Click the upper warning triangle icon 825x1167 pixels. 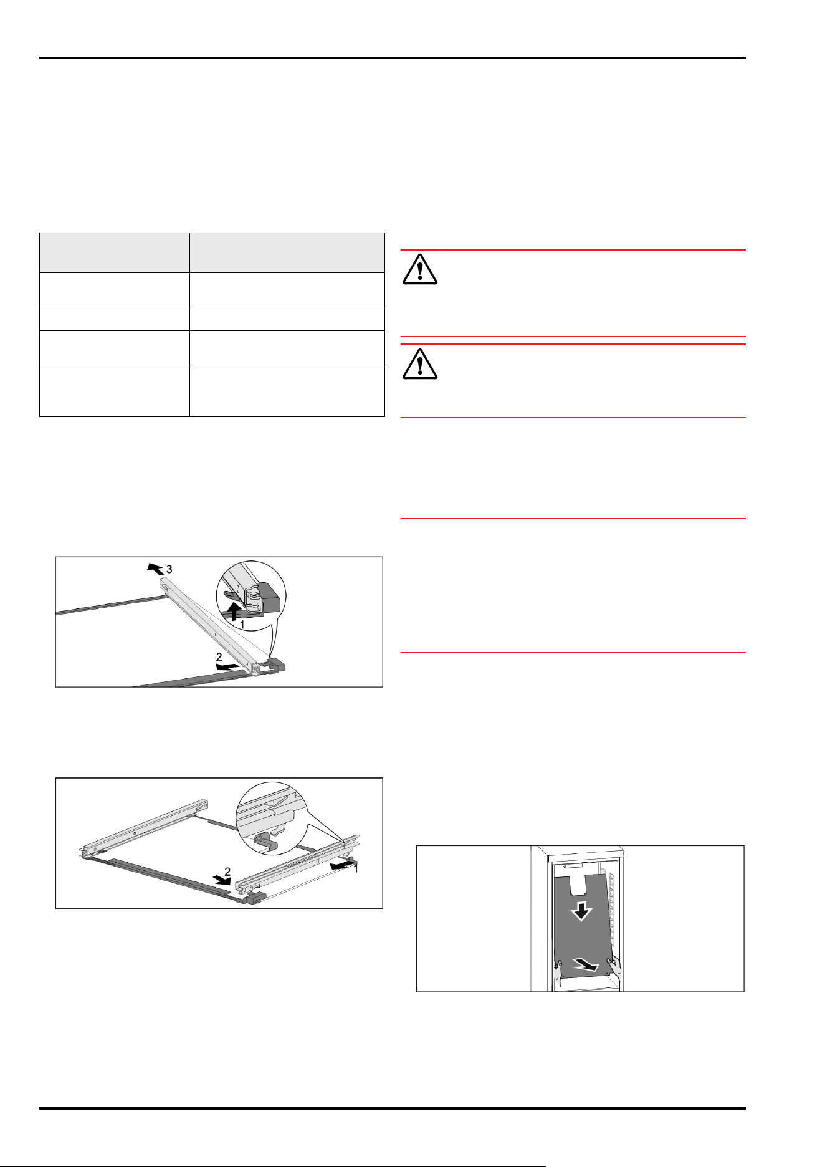(x=420, y=269)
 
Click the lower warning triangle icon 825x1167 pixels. (x=420, y=363)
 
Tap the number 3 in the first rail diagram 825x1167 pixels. (x=169, y=569)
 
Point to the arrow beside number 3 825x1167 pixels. (x=155, y=568)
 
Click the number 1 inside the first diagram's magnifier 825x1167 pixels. (x=242, y=623)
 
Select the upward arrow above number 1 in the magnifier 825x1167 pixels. (x=234, y=610)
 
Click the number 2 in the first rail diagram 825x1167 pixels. (x=219, y=657)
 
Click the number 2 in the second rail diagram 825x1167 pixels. (x=227, y=872)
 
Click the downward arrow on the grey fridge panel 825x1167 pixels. (x=581, y=912)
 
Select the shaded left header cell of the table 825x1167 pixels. (x=115, y=252)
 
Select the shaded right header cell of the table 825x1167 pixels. (x=287, y=252)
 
